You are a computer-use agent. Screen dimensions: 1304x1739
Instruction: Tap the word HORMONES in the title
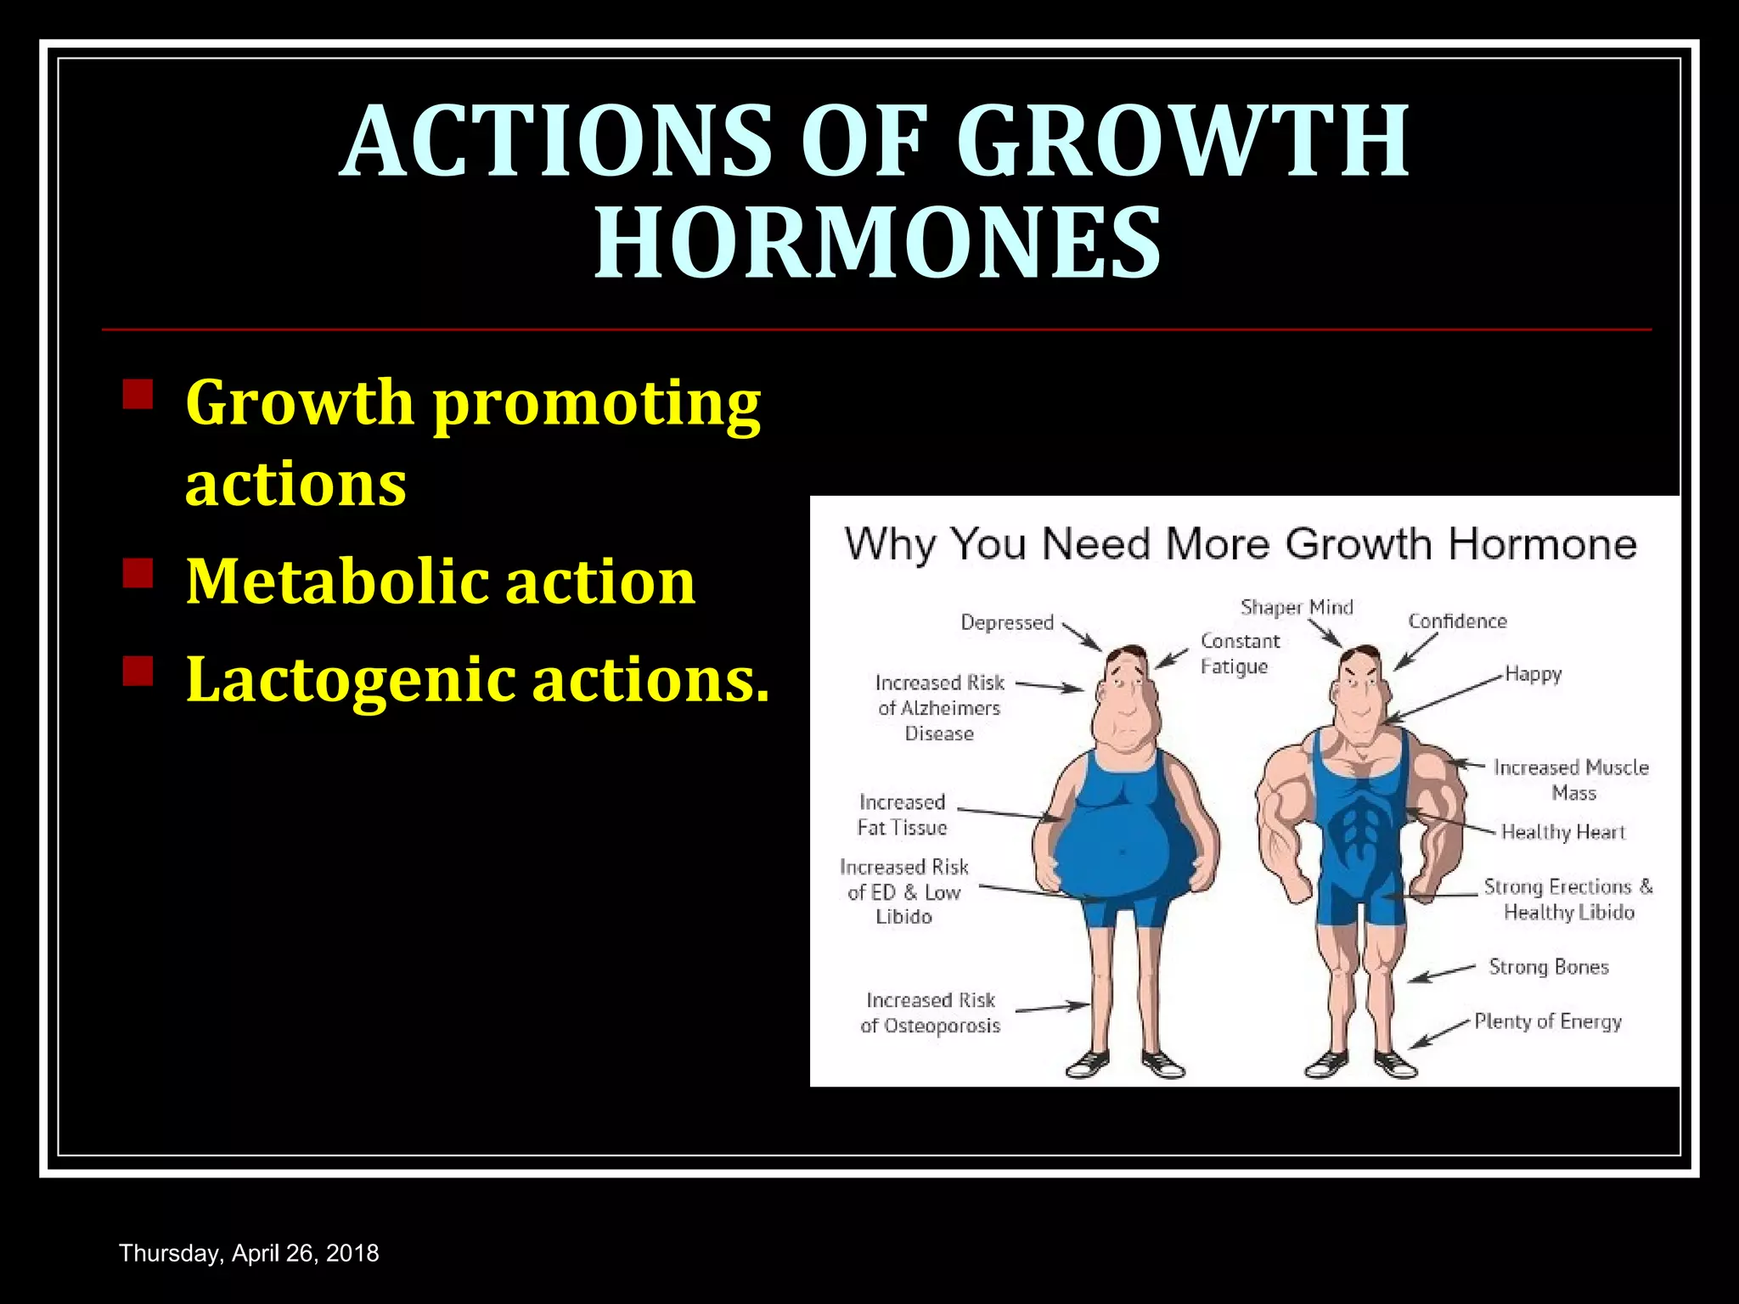[877, 244]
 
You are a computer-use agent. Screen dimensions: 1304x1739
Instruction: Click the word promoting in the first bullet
[597, 404]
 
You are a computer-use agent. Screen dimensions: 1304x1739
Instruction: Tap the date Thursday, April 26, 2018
[249, 1253]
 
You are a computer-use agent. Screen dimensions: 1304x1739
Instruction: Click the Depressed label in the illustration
[1006, 622]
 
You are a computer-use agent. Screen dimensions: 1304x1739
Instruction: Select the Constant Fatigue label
[1239, 654]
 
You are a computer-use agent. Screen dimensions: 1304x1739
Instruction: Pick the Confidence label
[1457, 621]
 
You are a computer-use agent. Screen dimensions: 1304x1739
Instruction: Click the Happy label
[1533, 674]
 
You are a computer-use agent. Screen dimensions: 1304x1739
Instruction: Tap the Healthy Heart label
[1562, 832]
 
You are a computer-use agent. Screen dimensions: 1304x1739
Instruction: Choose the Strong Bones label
[1548, 967]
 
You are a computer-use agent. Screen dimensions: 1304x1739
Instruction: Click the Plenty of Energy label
[1547, 1021]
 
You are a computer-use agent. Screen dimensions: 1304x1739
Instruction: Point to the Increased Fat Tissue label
[902, 814]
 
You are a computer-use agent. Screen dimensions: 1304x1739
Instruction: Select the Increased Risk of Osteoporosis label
[930, 1013]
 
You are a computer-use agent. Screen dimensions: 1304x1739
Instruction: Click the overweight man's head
[1128, 696]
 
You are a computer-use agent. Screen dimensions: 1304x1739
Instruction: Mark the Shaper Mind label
[1297, 607]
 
